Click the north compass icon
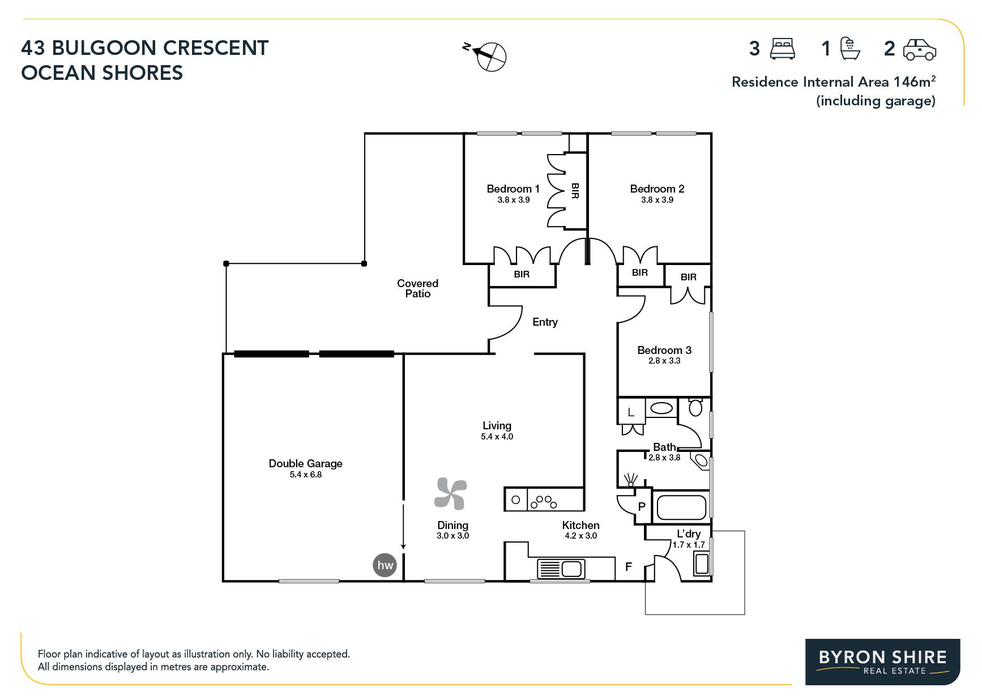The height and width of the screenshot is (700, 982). tap(486, 56)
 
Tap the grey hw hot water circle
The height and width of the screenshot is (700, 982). tap(385, 565)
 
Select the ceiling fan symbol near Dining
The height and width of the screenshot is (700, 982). tap(450, 494)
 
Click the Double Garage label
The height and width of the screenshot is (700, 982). tap(306, 463)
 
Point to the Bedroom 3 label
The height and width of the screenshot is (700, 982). tap(664, 350)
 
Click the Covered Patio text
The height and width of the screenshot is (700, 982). tap(418, 288)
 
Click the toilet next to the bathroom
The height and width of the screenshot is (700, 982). tap(695, 407)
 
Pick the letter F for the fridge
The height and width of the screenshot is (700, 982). tap(628, 566)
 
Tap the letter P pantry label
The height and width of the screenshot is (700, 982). tap(642, 506)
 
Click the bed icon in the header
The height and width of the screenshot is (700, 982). tap(783, 49)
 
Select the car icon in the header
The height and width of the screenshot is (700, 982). tap(920, 49)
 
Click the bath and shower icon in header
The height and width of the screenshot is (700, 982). tap(850, 48)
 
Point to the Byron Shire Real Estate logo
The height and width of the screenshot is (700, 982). tap(883, 662)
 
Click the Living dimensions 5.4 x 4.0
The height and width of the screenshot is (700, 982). tap(497, 437)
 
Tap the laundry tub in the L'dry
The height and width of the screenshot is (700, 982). tap(702, 565)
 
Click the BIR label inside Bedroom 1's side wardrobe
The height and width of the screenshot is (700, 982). tap(575, 190)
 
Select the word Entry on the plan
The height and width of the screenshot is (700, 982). tap(545, 322)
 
